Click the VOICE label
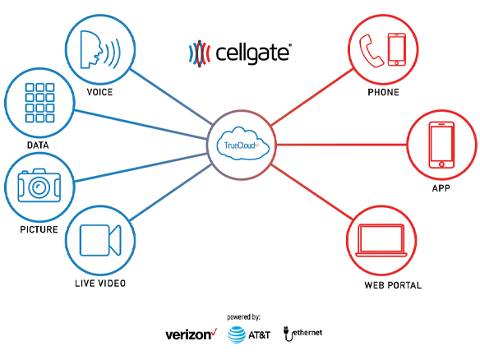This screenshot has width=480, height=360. coord(99,92)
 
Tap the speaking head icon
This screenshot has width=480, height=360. coord(100,49)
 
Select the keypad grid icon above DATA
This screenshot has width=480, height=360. coord(39,103)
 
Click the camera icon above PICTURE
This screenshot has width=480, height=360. coord(39,185)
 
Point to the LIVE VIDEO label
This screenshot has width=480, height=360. coord(100,284)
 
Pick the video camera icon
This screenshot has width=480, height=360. coord(100,240)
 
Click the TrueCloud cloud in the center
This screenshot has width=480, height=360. coord(242,143)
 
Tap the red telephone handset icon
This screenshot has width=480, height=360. coord(371,50)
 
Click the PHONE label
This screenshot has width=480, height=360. coord(383,92)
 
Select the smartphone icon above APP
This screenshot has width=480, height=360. coord(441,145)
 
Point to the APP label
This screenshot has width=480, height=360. coord(441,188)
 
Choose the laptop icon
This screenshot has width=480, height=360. coord(381,241)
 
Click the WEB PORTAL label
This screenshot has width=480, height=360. coord(393,285)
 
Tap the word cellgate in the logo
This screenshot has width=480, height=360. coord(252,53)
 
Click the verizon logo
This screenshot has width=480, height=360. coord(192,335)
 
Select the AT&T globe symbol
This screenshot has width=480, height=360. coord(237,335)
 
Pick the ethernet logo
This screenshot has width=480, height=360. coord(302,334)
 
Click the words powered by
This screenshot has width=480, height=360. coord(243,317)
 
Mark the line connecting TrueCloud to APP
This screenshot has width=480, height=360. coord(341,145)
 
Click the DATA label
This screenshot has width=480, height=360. coord(38,145)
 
